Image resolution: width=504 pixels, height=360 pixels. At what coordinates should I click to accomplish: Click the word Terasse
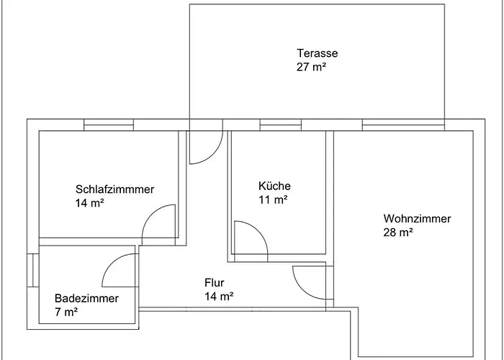click(317, 53)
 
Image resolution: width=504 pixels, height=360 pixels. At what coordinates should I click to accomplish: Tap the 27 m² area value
click(311, 67)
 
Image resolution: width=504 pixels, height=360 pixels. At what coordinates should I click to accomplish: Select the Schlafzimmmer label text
click(114, 189)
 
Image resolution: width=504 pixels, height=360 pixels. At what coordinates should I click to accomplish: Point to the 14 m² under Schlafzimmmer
click(90, 203)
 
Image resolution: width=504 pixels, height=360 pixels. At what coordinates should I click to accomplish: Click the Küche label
click(274, 186)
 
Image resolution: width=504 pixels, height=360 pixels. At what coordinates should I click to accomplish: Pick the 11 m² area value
click(273, 200)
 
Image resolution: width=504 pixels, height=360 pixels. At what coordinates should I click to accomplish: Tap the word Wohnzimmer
click(417, 219)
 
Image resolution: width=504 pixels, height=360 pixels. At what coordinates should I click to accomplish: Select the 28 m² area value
click(398, 233)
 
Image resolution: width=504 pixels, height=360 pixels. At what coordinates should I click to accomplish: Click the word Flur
click(215, 282)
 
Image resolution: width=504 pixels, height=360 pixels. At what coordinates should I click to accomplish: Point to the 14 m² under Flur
click(218, 296)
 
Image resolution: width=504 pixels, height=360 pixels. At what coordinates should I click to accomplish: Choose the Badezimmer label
click(86, 298)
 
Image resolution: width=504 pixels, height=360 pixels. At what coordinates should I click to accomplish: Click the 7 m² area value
click(66, 312)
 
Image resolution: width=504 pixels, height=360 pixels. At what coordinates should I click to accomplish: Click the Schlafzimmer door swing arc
click(158, 223)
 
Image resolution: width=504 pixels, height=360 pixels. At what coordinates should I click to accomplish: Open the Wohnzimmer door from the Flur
click(309, 282)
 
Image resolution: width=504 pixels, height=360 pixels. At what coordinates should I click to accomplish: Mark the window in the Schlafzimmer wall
click(109, 125)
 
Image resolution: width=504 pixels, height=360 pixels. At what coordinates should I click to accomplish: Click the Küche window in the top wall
click(279, 125)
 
